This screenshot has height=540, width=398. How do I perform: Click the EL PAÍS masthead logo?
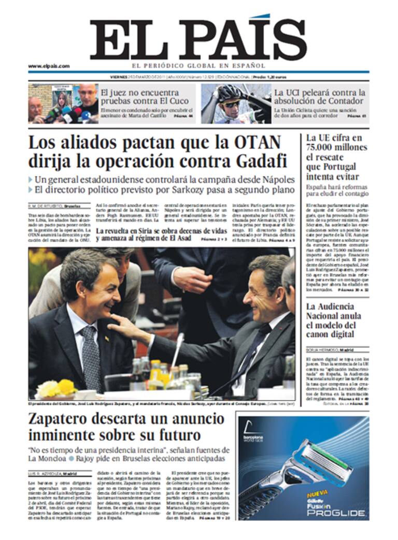(198, 40)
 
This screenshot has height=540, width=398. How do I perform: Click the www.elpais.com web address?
(49, 66)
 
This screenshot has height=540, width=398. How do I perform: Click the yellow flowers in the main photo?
(57, 388)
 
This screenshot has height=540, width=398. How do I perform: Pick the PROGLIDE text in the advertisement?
(337, 513)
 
